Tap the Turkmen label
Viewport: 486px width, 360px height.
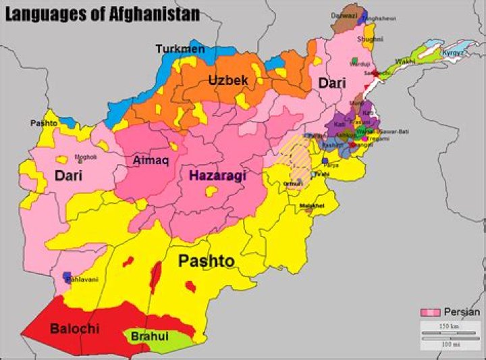click(179, 49)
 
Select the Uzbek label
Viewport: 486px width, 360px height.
click(228, 80)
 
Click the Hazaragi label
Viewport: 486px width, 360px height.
click(217, 176)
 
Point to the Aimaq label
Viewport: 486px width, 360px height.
click(150, 161)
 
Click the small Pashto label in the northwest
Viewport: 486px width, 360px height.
click(44, 124)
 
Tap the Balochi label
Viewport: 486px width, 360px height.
click(74, 329)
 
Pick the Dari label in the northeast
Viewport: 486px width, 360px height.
click(333, 83)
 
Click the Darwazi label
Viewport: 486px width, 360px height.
click(344, 15)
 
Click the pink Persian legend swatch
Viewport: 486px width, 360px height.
click(430, 312)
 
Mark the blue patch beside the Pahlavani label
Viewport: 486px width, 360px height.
click(67, 277)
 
